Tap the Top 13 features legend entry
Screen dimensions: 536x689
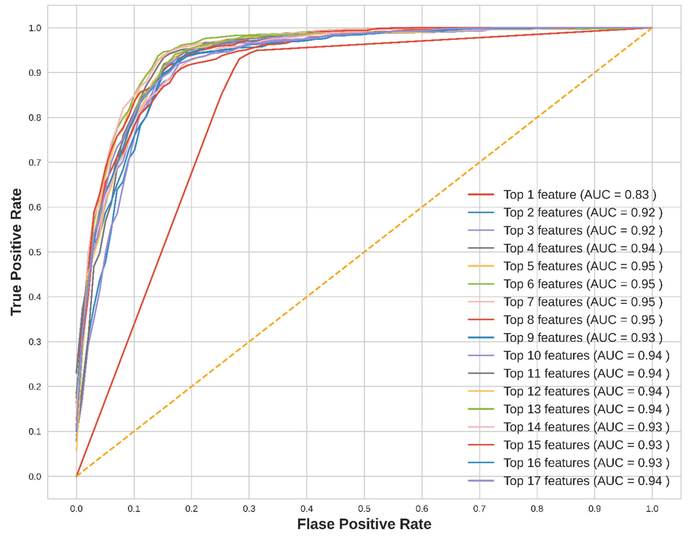(586, 409)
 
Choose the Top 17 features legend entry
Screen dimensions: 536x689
(586, 481)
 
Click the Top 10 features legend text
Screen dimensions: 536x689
(586, 356)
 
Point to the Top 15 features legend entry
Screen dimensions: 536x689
(586, 445)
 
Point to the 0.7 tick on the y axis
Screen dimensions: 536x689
(35, 163)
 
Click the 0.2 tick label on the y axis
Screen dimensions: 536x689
(35, 387)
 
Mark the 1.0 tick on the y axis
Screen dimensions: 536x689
(35, 28)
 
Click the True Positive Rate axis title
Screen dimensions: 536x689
(16, 252)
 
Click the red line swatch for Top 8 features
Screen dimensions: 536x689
(481, 320)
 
